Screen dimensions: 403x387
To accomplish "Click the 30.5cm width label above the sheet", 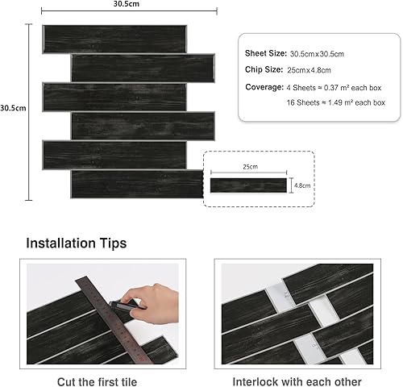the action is click(127, 4).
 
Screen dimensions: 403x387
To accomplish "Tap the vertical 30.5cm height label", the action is click(13, 108).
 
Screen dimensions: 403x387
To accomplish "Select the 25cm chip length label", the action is click(251, 167).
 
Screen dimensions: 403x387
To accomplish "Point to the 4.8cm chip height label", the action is click(302, 185).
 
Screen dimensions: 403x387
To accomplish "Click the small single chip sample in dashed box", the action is click(248, 185).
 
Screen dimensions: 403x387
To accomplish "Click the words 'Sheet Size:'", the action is click(266, 53).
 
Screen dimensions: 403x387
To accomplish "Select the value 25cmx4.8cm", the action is click(309, 70).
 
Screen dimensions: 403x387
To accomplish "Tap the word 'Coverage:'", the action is click(264, 87).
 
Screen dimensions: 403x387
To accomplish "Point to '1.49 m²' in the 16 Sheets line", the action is click(340, 102).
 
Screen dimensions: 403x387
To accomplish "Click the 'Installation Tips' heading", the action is click(77, 243).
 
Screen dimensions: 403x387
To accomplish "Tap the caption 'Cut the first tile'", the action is click(97, 381).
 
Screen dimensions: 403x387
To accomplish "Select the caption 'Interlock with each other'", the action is click(297, 381).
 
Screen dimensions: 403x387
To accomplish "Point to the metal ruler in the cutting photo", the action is click(113, 320).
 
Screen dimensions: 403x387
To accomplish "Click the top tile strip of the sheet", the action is click(114, 40).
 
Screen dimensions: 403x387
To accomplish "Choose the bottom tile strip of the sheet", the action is click(137, 185).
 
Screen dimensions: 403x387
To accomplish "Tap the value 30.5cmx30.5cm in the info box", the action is click(317, 54).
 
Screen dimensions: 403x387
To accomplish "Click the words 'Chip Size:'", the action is click(264, 69).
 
